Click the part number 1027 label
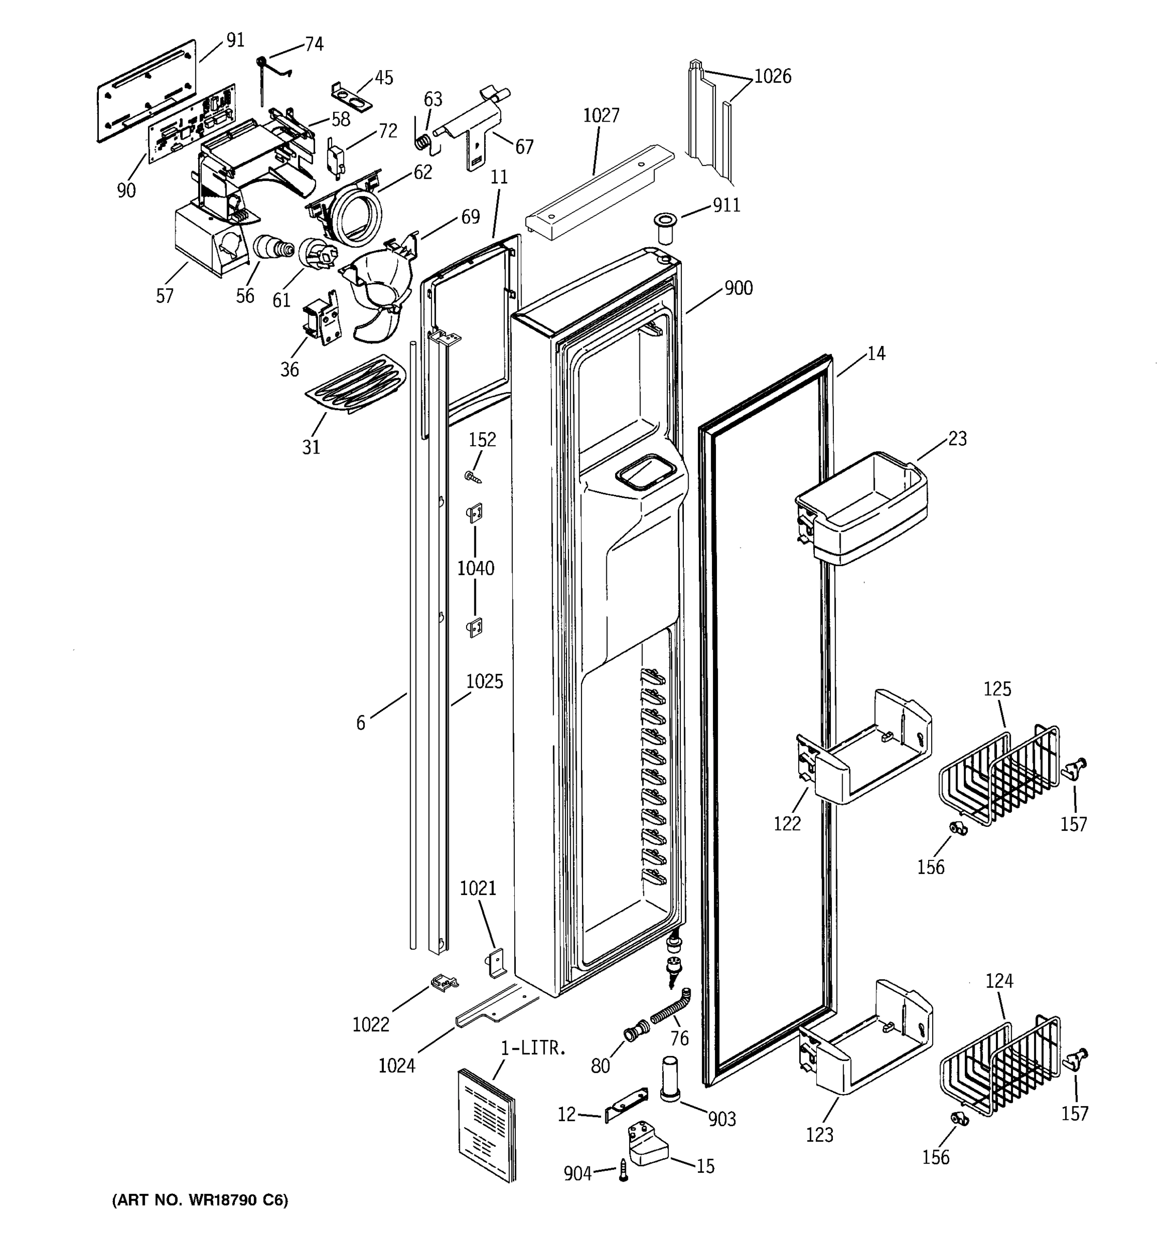point(601,115)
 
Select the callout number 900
point(738,289)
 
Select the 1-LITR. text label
point(533,1048)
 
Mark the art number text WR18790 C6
point(200,1200)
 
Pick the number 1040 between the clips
point(475,568)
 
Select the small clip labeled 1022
point(443,983)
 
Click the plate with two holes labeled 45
point(351,96)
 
